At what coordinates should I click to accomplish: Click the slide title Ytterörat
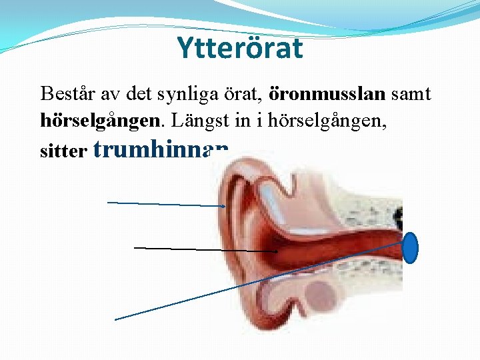[239, 48]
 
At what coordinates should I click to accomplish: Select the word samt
[411, 94]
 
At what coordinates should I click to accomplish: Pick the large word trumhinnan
[163, 151]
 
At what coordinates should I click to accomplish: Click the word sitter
[63, 152]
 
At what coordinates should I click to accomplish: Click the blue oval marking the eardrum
[411, 248]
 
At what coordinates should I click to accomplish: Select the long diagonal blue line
[260, 280]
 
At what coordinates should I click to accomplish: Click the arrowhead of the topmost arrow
[225, 207]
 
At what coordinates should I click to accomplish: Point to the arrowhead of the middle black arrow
[276, 251]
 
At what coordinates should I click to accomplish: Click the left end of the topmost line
[109, 201]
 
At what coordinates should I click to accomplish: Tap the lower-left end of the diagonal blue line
[116, 319]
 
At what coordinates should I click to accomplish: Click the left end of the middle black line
[135, 247]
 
